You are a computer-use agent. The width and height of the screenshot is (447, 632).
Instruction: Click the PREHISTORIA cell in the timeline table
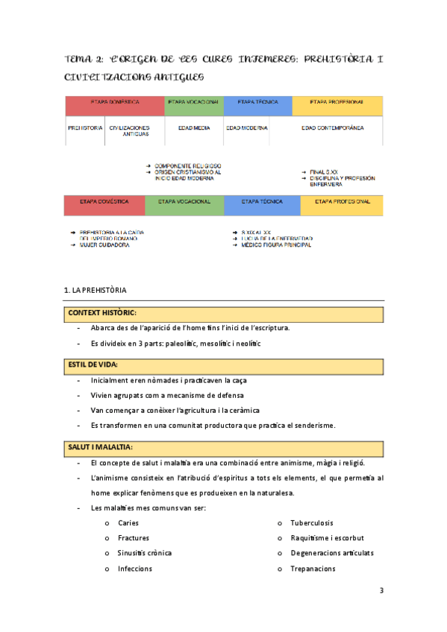(x=84, y=128)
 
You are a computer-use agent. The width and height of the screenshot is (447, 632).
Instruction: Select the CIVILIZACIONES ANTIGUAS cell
(x=130, y=131)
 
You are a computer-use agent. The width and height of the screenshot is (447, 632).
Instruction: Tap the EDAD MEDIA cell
(x=193, y=128)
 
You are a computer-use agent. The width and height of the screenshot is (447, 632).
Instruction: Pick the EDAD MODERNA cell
(x=246, y=128)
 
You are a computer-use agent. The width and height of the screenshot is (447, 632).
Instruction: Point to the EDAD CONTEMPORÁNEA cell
(x=332, y=128)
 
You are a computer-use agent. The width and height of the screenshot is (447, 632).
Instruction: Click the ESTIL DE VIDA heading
(x=95, y=364)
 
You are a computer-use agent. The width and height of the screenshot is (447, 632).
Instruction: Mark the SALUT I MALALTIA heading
(x=100, y=446)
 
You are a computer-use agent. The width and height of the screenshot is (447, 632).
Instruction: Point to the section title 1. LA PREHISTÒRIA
(x=96, y=289)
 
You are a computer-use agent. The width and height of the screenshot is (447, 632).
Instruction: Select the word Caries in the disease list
(x=128, y=522)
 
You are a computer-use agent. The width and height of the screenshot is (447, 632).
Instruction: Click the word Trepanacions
(x=313, y=569)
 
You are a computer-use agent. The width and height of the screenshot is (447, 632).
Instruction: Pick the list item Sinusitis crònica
(x=145, y=553)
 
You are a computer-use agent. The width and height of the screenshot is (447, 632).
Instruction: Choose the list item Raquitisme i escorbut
(x=327, y=537)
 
